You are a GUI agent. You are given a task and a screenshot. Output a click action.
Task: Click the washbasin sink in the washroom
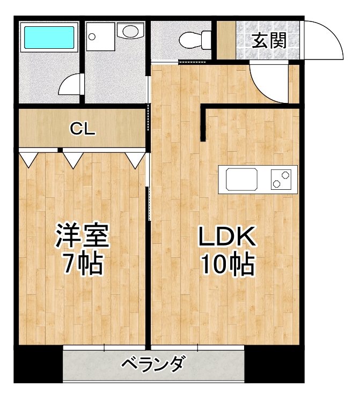click(129, 31)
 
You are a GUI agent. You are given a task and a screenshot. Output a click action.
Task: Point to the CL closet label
click(83, 129)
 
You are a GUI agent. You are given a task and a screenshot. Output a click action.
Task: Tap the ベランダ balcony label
click(152, 366)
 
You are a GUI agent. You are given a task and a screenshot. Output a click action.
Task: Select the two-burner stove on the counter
click(283, 179)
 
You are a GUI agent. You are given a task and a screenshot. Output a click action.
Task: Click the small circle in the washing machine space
click(92, 37)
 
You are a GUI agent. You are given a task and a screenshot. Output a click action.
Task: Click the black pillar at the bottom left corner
click(38, 365)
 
